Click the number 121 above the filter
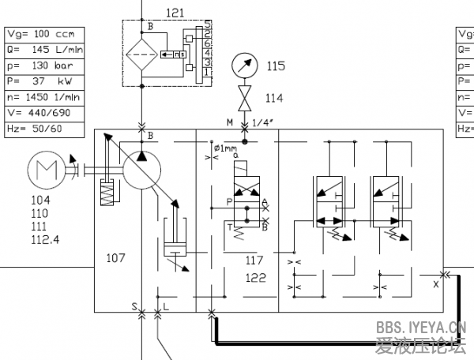pyautogui.click(x=175, y=13)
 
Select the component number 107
pyautogui.click(x=116, y=257)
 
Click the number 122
pyautogui.click(x=255, y=277)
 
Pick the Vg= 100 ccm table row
pyautogui.click(x=39, y=35)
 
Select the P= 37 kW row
pyautogui.click(x=39, y=82)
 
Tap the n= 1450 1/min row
pyautogui.click(x=39, y=98)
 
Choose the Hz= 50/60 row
pyautogui.click(x=39, y=129)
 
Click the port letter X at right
pyautogui.click(x=435, y=282)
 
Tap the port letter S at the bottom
pyautogui.click(x=134, y=305)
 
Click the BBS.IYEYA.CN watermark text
pyautogui.click(x=420, y=327)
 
